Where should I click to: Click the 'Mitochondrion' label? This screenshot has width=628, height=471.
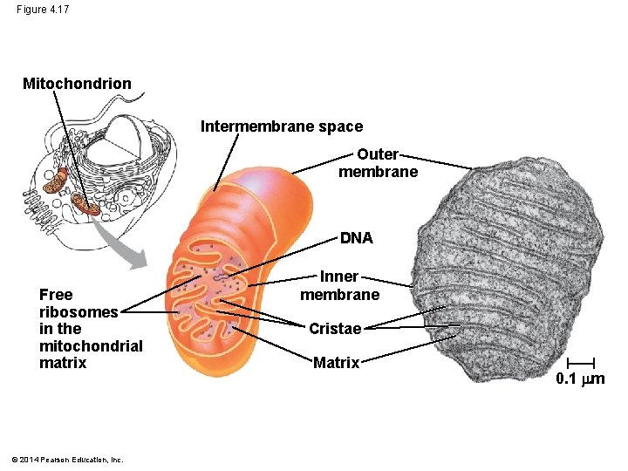(77, 84)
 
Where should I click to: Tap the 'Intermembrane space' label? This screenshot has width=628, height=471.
(281, 126)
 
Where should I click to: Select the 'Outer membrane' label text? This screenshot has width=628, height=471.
(378, 163)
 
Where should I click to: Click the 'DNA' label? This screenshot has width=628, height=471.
(356, 237)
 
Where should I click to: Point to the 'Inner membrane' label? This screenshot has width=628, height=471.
(339, 285)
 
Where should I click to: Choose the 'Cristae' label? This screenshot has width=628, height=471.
(334, 329)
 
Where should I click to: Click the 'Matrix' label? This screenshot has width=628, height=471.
(336, 363)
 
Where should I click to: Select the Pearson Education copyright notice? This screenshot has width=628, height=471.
(69, 460)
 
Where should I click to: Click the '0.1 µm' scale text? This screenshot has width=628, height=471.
(580, 379)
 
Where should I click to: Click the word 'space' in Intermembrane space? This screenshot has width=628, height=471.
(342, 126)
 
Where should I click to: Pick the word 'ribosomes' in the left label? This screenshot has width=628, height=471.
(78, 311)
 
